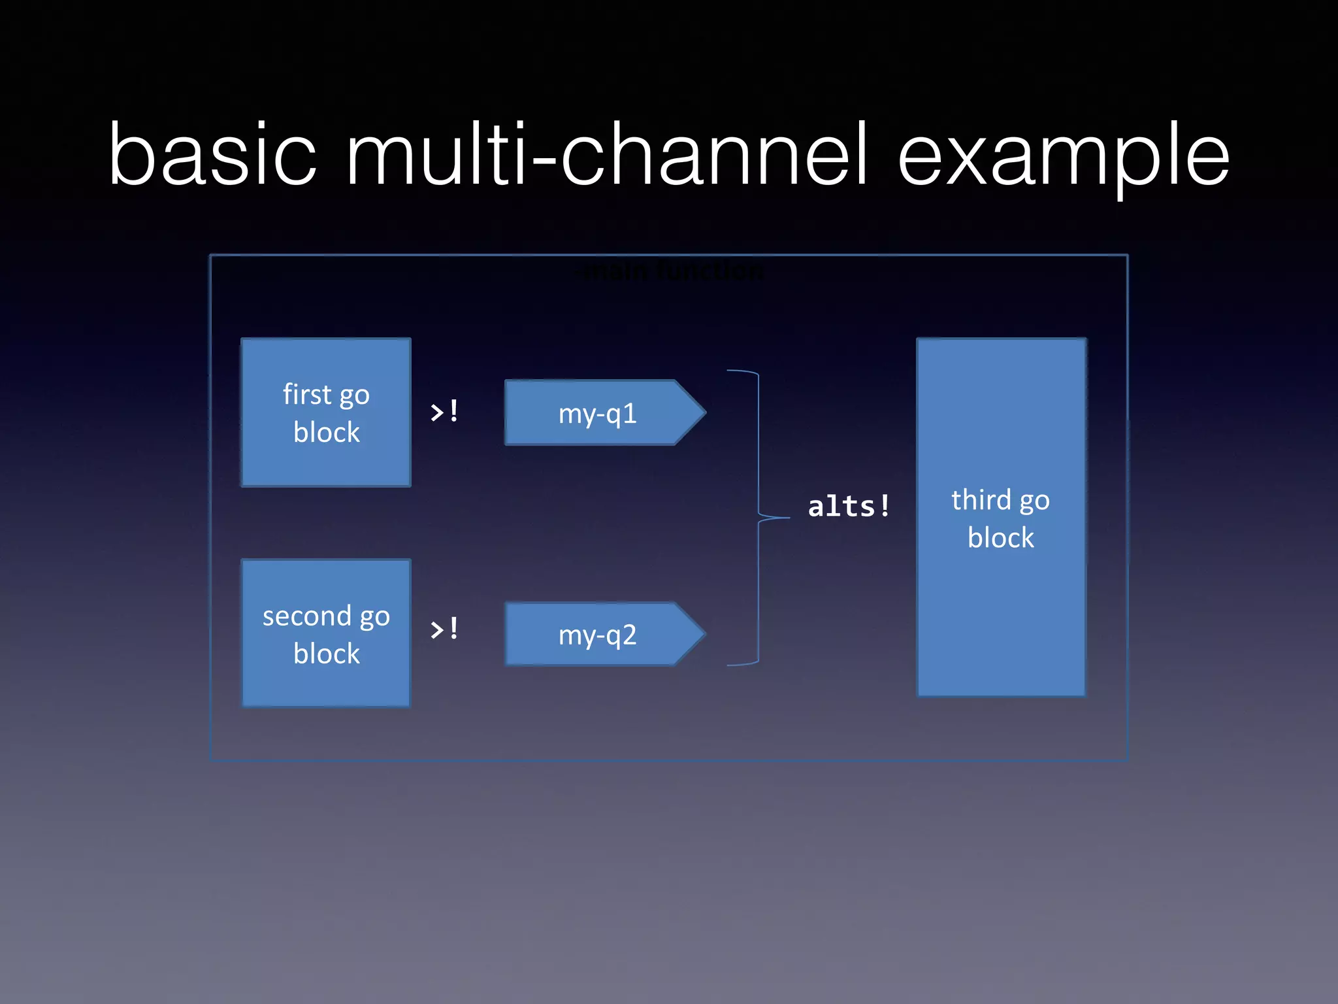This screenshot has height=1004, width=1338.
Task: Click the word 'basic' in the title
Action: [212, 156]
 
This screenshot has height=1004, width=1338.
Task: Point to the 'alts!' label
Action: [848, 507]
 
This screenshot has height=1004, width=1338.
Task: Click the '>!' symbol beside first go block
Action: [444, 412]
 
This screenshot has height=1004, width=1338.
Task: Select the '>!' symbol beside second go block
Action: [444, 629]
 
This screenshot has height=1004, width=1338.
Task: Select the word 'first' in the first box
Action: [307, 394]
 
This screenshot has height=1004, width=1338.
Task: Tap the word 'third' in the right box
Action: [981, 500]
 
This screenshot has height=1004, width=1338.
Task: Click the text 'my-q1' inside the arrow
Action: [597, 414]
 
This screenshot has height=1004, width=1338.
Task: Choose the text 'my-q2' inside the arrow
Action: [597, 635]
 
